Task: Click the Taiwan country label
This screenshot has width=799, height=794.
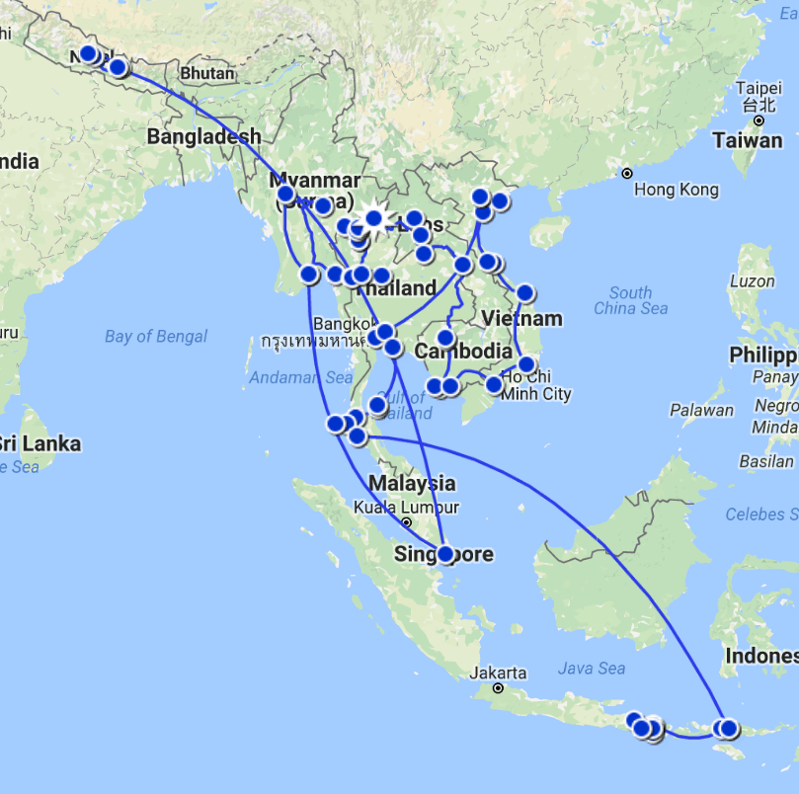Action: pyautogui.click(x=748, y=140)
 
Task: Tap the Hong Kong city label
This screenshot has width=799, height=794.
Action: pyautogui.click(x=677, y=190)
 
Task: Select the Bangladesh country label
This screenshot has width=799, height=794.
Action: pyautogui.click(x=204, y=137)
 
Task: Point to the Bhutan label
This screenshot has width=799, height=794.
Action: pyautogui.click(x=207, y=74)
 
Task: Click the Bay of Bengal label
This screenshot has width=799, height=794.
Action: pyautogui.click(x=156, y=337)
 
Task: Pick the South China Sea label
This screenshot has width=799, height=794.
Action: pyautogui.click(x=630, y=300)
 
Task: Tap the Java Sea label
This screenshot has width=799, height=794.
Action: pyautogui.click(x=591, y=669)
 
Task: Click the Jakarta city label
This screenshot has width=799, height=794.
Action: pyautogui.click(x=498, y=674)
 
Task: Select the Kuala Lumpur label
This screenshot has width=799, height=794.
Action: pyautogui.click(x=406, y=508)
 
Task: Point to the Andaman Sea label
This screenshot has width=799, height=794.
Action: pyautogui.click(x=300, y=377)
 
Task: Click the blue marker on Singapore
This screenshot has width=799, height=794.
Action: pyautogui.click(x=445, y=555)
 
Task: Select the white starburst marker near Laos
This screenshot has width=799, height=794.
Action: pyautogui.click(x=373, y=218)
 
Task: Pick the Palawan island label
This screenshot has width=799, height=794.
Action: pyautogui.click(x=702, y=410)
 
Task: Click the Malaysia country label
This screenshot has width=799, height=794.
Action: pyautogui.click(x=412, y=483)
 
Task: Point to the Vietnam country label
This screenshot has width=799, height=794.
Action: pyautogui.click(x=523, y=319)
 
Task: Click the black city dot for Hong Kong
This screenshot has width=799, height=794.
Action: pyautogui.click(x=626, y=174)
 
